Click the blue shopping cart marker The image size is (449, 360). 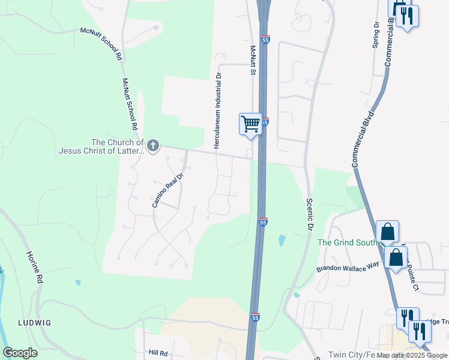[250, 124]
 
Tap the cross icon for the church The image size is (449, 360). [153, 145]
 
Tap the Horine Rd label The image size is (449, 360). [34, 267]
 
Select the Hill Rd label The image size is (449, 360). [158, 354]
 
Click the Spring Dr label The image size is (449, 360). [376, 35]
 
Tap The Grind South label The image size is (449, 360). [348, 242]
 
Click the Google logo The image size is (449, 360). [20, 353]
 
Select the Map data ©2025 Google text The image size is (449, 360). [412, 355]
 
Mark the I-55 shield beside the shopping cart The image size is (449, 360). [265, 122]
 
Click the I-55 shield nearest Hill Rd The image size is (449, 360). [255, 317]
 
